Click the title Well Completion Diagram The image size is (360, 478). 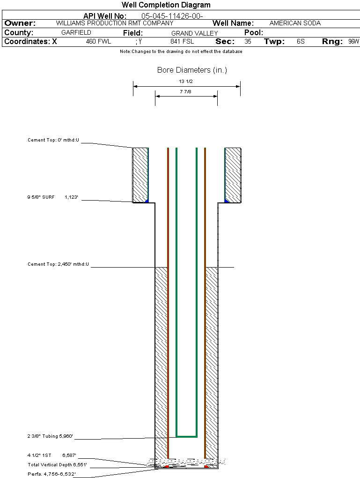(x=166, y=5)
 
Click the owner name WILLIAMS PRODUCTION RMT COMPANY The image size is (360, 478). (x=114, y=23)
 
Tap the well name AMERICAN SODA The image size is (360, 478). (x=295, y=23)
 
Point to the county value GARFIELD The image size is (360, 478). (x=76, y=33)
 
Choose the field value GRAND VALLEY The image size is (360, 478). (x=194, y=33)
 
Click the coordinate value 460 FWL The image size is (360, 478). (x=98, y=42)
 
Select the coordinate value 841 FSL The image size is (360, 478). (x=182, y=42)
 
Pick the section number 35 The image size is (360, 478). (x=248, y=42)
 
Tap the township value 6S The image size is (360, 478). (x=301, y=42)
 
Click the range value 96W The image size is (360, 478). (x=353, y=42)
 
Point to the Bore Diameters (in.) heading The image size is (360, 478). (x=192, y=70)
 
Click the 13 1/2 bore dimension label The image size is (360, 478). (x=186, y=82)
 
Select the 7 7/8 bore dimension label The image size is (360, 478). (x=185, y=92)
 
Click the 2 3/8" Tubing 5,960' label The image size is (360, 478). (x=50, y=437)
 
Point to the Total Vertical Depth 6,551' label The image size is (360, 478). (x=57, y=465)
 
